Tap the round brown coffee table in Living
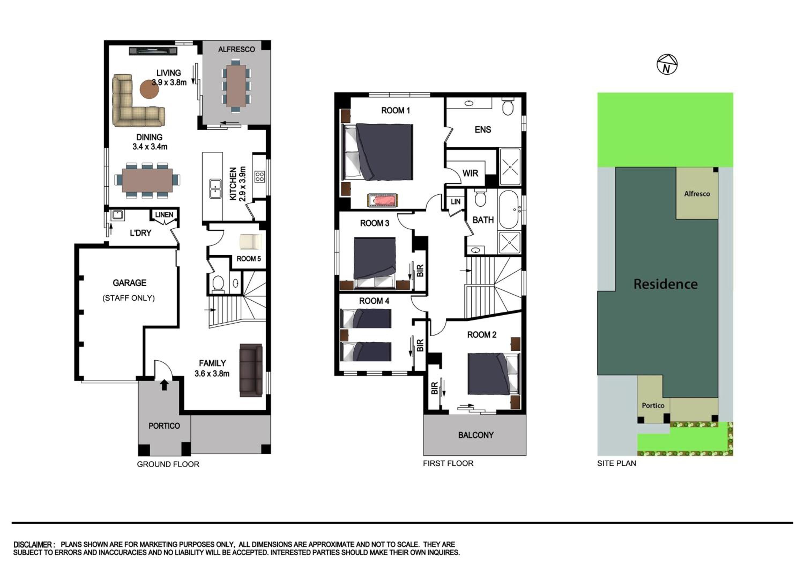(149, 89)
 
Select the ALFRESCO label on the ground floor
(236, 49)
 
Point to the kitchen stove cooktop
(259, 176)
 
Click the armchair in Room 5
(250, 242)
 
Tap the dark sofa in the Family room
(251, 370)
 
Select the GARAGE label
(129, 283)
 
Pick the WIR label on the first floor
(470, 173)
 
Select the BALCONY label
(476, 435)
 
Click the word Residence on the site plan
(665, 284)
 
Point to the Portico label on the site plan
(653, 405)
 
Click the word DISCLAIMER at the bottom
(33, 545)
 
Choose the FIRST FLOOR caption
(448, 463)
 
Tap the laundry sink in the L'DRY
(117, 215)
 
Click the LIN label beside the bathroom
(456, 202)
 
